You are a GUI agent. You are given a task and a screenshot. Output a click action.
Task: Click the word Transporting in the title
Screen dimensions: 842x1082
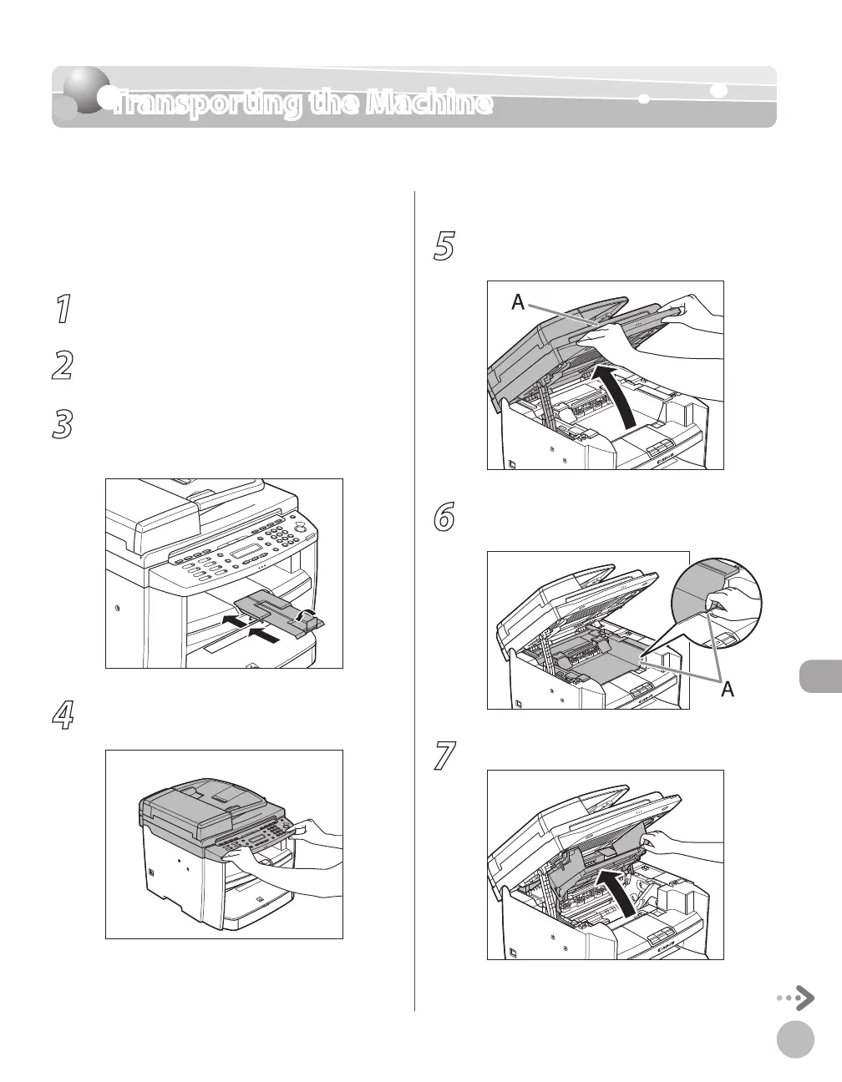coord(204,104)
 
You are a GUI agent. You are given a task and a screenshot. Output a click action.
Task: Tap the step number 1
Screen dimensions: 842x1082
coord(61,311)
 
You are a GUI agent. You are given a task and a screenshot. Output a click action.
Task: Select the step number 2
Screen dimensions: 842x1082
coord(62,367)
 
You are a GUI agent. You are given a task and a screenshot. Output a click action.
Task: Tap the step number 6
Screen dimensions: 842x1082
coord(444,518)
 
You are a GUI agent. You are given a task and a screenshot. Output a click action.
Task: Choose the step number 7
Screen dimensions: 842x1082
coord(444,757)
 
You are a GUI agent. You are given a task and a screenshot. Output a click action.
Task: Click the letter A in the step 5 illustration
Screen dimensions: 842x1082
coord(518,303)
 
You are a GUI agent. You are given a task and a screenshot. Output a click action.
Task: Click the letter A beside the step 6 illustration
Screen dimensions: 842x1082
coord(728,689)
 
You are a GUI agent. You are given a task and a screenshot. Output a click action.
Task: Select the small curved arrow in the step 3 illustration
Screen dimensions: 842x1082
coord(309,616)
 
